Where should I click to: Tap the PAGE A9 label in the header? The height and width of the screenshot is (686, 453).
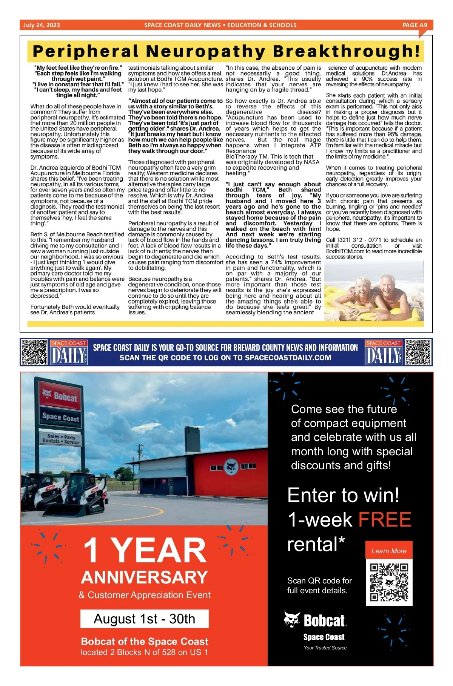pyautogui.click(x=414, y=25)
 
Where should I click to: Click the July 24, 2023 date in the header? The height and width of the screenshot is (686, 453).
pyautogui.click(x=42, y=25)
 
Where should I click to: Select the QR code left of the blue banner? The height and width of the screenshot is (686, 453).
pyautogui.click(x=34, y=352)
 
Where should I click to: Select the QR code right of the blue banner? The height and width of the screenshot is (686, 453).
pyautogui.click(x=418, y=352)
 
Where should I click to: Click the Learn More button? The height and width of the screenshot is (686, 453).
pyautogui.click(x=389, y=551)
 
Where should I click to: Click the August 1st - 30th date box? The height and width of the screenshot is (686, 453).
pyautogui.click(x=144, y=619)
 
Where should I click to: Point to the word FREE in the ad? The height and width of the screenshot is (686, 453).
pyautogui.click(x=384, y=519)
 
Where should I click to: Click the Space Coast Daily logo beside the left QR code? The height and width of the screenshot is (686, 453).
pyautogui.click(x=69, y=352)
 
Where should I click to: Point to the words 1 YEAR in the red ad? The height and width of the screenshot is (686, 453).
pyautogui.click(x=145, y=550)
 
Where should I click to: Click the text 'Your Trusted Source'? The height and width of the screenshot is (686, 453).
pyautogui.click(x=325, y=648)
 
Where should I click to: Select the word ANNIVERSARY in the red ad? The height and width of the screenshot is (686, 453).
pyautogui.click(x=145, y=577)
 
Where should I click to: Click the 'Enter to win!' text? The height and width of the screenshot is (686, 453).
pyautogui.click(x=343, y=495)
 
